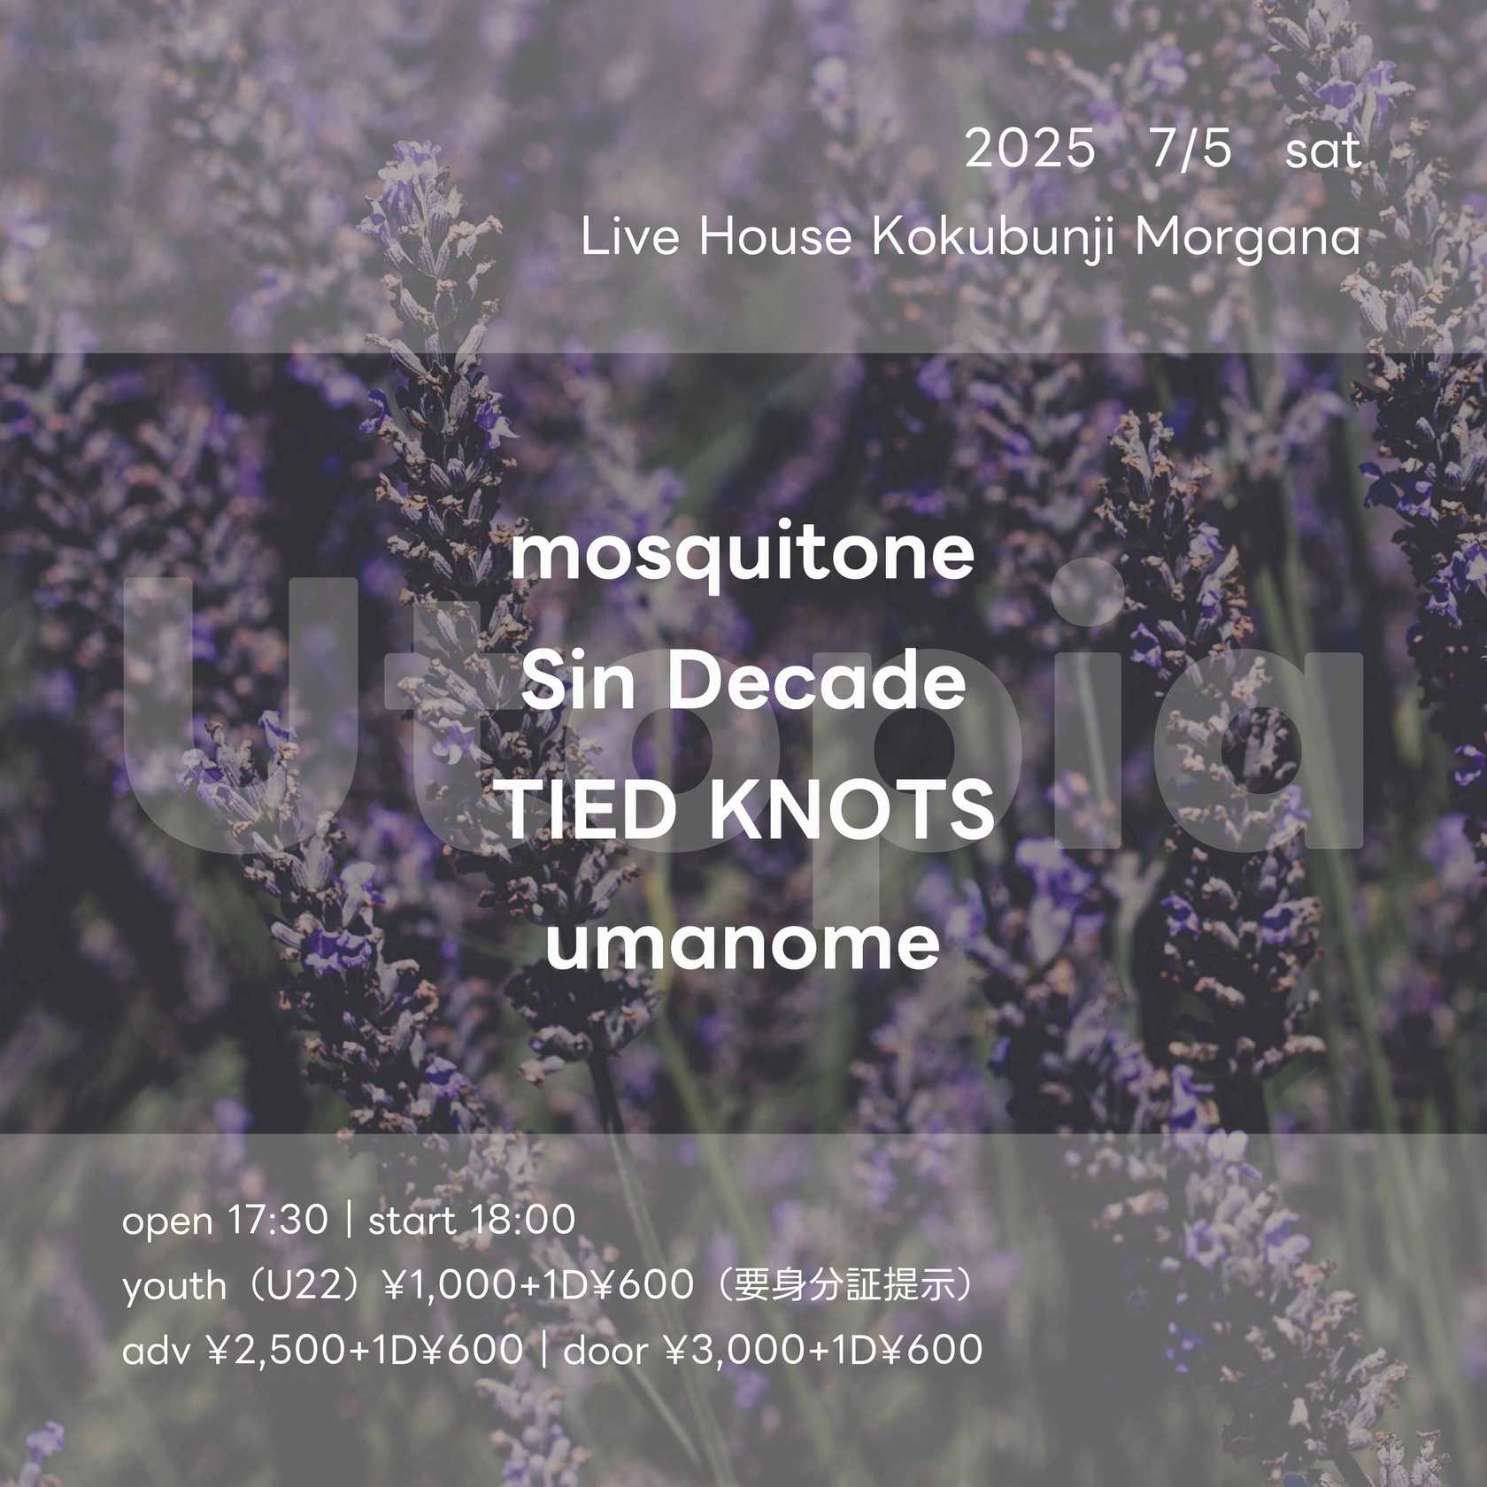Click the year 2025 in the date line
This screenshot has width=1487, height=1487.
tap(1029, 150)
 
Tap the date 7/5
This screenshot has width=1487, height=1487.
tap(1191, 150)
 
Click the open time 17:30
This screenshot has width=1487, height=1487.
tap(277, 1221)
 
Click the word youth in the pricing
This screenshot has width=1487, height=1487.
tap(174, 1286)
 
